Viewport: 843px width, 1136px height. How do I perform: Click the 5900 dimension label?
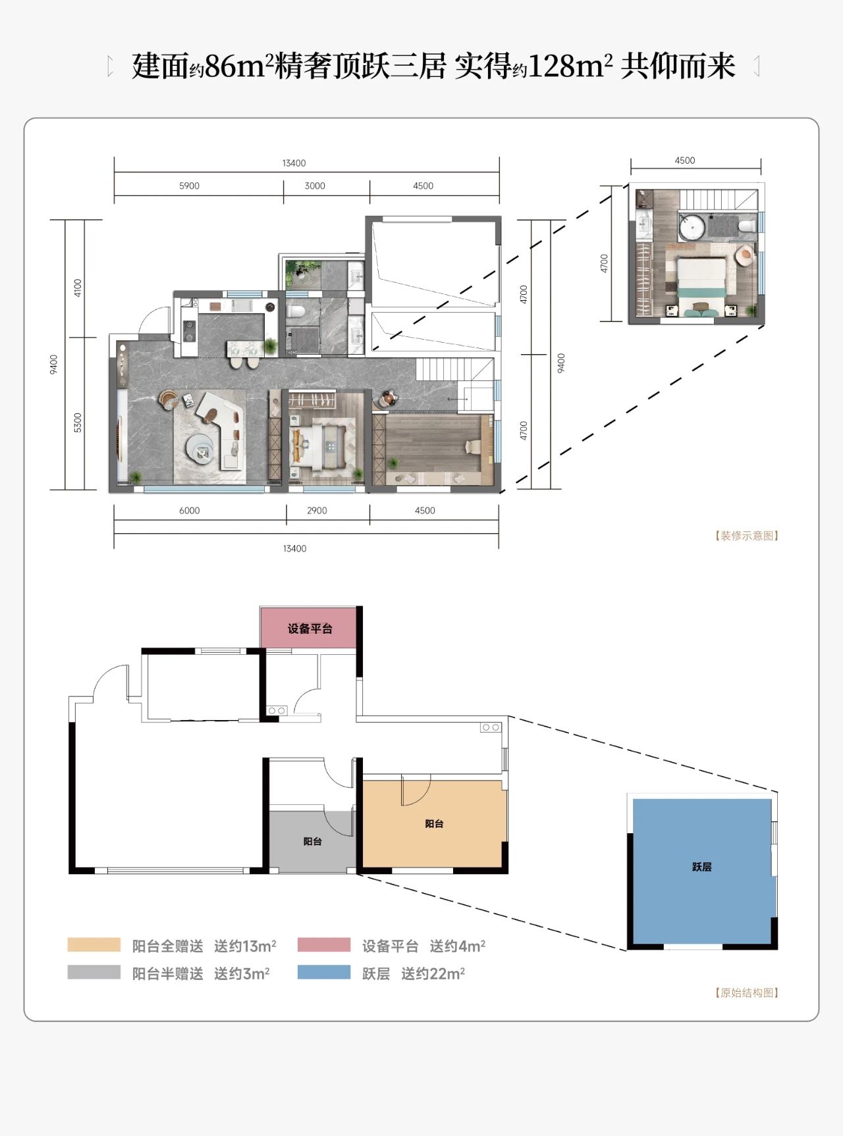[x=189, y=186]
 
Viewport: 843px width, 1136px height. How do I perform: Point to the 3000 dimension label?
[x=315, y=186]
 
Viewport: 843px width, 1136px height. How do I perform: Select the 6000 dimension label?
[x=189, y=511]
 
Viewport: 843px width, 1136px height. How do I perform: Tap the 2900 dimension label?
[x=317, y=511]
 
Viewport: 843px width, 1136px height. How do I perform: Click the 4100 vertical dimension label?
[x=78, y=288]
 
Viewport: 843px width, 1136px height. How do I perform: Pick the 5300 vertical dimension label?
[x=78, y=423]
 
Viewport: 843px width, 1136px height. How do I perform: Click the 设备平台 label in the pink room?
[x=310, y=629]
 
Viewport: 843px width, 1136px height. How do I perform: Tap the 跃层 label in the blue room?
[x=702, y=867]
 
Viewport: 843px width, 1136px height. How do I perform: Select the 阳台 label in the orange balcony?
[x=434, y=823]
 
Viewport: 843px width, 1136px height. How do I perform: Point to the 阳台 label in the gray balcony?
[x=312, y=841]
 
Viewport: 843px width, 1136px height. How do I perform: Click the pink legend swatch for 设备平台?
[x=324, y=945]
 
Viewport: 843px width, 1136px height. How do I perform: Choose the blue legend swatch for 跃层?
[x=324, y=972]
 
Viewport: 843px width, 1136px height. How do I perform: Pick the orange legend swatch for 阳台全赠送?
[x=94, y=945]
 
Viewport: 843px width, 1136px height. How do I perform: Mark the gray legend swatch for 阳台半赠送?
[x=94, y=972]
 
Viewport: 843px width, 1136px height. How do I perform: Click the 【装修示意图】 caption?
[x=747, y=536]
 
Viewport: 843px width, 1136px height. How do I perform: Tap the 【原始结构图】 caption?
[x=747, y=993]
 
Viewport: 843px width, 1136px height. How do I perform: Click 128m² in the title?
[x=570, y=66]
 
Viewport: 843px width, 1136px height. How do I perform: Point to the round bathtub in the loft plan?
[x=692, y=226]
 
